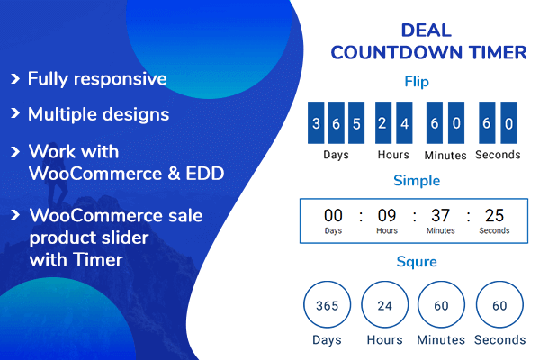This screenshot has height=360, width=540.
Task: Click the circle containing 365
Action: (328, 306)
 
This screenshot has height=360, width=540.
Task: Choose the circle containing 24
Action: (385, 306)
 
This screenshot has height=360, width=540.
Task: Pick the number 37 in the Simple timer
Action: (441, 215)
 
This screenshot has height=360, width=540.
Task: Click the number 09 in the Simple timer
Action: (387, 215)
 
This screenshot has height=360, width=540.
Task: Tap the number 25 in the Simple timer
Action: (494, 215)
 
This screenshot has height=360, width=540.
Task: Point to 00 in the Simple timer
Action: (334, 215)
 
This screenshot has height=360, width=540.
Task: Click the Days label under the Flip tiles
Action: (336, 155)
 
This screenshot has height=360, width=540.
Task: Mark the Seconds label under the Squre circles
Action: (499, 340)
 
